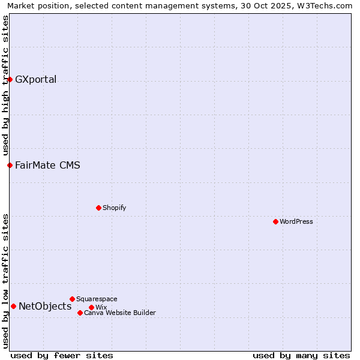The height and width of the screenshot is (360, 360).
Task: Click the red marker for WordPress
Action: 275,221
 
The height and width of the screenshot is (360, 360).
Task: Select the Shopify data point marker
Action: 98,208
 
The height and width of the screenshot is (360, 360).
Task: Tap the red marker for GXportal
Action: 10,79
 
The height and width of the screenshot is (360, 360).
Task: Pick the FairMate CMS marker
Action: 10,165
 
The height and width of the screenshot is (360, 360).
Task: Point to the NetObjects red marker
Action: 13,306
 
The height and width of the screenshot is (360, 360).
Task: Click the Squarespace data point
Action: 72,299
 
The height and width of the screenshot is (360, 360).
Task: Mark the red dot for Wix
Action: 91,307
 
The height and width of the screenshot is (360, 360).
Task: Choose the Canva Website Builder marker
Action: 80,313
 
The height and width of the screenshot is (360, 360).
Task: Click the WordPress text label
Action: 296,221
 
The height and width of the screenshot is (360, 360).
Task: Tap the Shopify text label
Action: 114,208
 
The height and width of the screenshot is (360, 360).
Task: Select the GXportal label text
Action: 35,79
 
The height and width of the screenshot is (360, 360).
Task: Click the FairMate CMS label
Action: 47,165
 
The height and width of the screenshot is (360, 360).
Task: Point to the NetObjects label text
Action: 45,306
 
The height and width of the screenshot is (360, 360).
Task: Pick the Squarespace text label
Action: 97,299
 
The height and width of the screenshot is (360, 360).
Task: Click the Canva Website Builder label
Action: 120,313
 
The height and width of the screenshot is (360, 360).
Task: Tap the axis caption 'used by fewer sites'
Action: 62,355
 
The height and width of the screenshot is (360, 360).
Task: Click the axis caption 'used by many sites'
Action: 301,355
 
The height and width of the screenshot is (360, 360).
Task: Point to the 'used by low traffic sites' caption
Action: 5,280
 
